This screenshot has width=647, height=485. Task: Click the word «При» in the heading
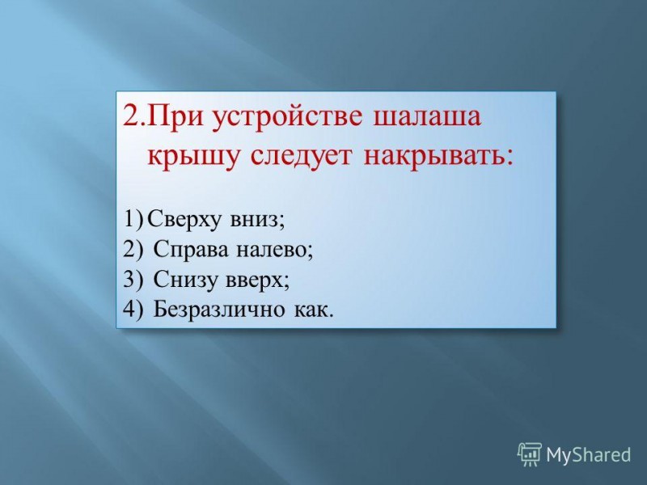click(175, 116)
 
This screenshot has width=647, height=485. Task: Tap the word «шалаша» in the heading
click(427, 117)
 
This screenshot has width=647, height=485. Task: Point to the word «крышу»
click(193, 158)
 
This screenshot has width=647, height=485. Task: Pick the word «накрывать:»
click(439, 157)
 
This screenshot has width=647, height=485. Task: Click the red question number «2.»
click(134, 116)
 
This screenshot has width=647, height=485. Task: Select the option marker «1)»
click(133, 218)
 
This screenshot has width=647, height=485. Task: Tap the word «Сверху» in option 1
click(184, 219)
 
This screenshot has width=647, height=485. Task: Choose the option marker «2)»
click(133, 249)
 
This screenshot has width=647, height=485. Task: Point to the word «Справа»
click(191, 250)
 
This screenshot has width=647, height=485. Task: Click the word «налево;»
click(275, 249)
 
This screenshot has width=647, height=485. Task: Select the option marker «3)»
click(133, 279)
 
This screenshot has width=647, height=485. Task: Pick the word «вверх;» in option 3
click(258, 280)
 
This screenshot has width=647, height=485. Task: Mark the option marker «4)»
click(133, 309)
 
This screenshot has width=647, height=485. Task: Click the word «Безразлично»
click(218, 310)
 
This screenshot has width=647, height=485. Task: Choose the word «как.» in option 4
click(314, 310)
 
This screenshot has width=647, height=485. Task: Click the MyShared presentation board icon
click(530, 454)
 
